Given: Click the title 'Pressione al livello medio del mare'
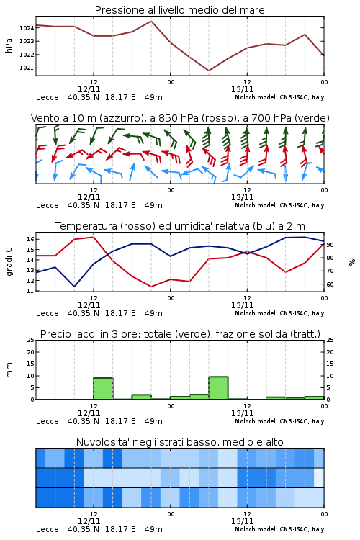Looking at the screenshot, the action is pyautogui.click(x=179, y=10).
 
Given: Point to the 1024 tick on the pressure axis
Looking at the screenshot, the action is pyautogui.click(x=27, y=28).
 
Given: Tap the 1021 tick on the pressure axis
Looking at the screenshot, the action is pyautogui.click(x=27, y=68).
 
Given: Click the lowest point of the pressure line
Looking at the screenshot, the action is pyautogui.click(x=209, y=71).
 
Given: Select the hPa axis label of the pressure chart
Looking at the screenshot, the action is pyautogui.click(x=9, y=45).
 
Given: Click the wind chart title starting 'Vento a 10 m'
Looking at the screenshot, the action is pyautogui.click(x=180, y=118).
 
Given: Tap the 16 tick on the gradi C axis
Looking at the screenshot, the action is pyautogui.click(x=30, y=239).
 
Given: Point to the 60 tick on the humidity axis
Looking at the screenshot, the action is pyautogui.click(x=330, y=284).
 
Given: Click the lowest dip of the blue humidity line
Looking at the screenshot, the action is pyautogui.click(x=74, y=287).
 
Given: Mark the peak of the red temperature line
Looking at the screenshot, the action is pyautogui.click(x=94, y=237).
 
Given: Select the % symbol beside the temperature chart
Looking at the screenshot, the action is pyautogui.click(x=352, y=262).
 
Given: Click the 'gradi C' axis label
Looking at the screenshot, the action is pyautogui.click(x=9, y=262).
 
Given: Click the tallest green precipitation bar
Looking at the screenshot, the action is pyautogui.click(x=218, y=388).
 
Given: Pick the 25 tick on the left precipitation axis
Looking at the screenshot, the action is pyautogui.click(x=31, y=340).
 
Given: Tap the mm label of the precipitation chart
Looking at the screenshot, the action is pyautogui.click(x=9, y=370).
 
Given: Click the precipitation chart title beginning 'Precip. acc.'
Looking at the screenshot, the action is pyautogui.click(x=180, y=334).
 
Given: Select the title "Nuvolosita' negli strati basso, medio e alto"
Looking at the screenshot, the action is pyautogui.click(x=179, y=442).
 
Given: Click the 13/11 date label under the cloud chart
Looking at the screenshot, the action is pyautogui.click(x=242, y=521).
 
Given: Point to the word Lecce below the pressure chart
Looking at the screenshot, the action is pyautogui.click(x=48, y=97).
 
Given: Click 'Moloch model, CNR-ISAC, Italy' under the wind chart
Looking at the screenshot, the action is pyautogui.click(x=279, y=205).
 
